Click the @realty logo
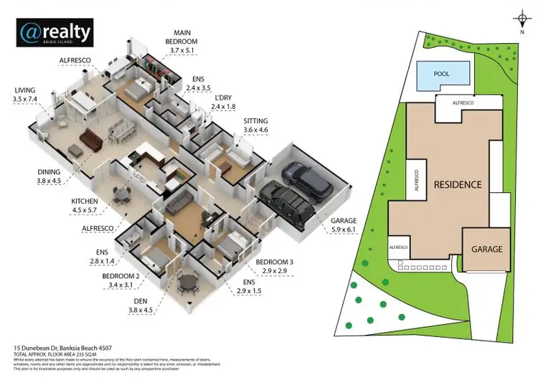[x=55, y=32]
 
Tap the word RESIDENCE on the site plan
[x=456, y=185]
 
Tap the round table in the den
[x=189, y=282]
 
